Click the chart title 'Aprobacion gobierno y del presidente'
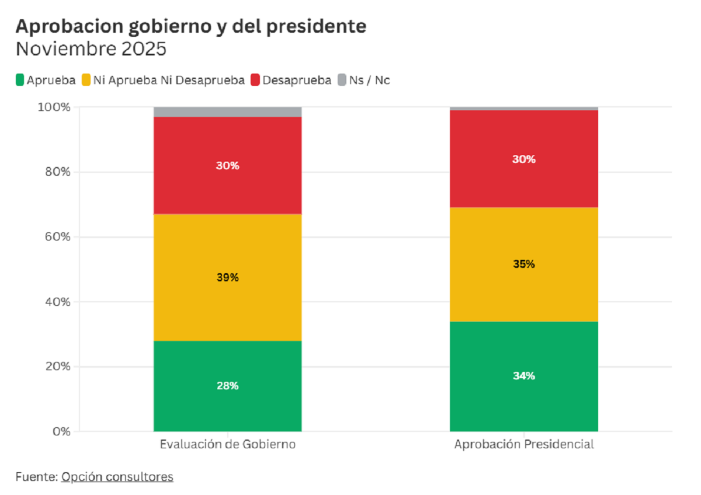pyautogui.click(x=191, y=26)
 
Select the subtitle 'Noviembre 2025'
pyautogui.click(x=91, y=49)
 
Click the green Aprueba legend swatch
pyautogui.click(x=20, y=80)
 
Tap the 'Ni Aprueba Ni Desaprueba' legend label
pyautogui.click(x=169, y=80)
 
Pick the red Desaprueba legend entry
pyautogui.click(x=290, y=80)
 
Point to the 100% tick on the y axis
pyautogui.click(x=54, y=107)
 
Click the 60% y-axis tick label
pyautogui.click(x=57, y=237)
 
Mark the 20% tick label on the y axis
pyautogui.click(x=57, y=367)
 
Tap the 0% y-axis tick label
pyautogui.click(x=60, y=431)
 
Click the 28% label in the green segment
pyautogui.click(x=227, y=386)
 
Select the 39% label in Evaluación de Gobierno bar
pyautogui.click(x=227, y=278)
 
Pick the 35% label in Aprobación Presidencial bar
pyautogui.click(x=523, y=264)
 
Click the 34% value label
pyautogui.click(x=523, y=376)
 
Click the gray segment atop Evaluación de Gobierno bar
pyautogui.click(x=227, y=111)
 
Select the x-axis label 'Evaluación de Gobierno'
pyautogui.click(x=227, y=444)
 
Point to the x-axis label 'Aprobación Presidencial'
pyautogui.click(x=523, y=444)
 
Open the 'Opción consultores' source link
pyautogui.click(x=117, y=477)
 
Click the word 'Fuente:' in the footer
pyautogui.click(x=36, y=477)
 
